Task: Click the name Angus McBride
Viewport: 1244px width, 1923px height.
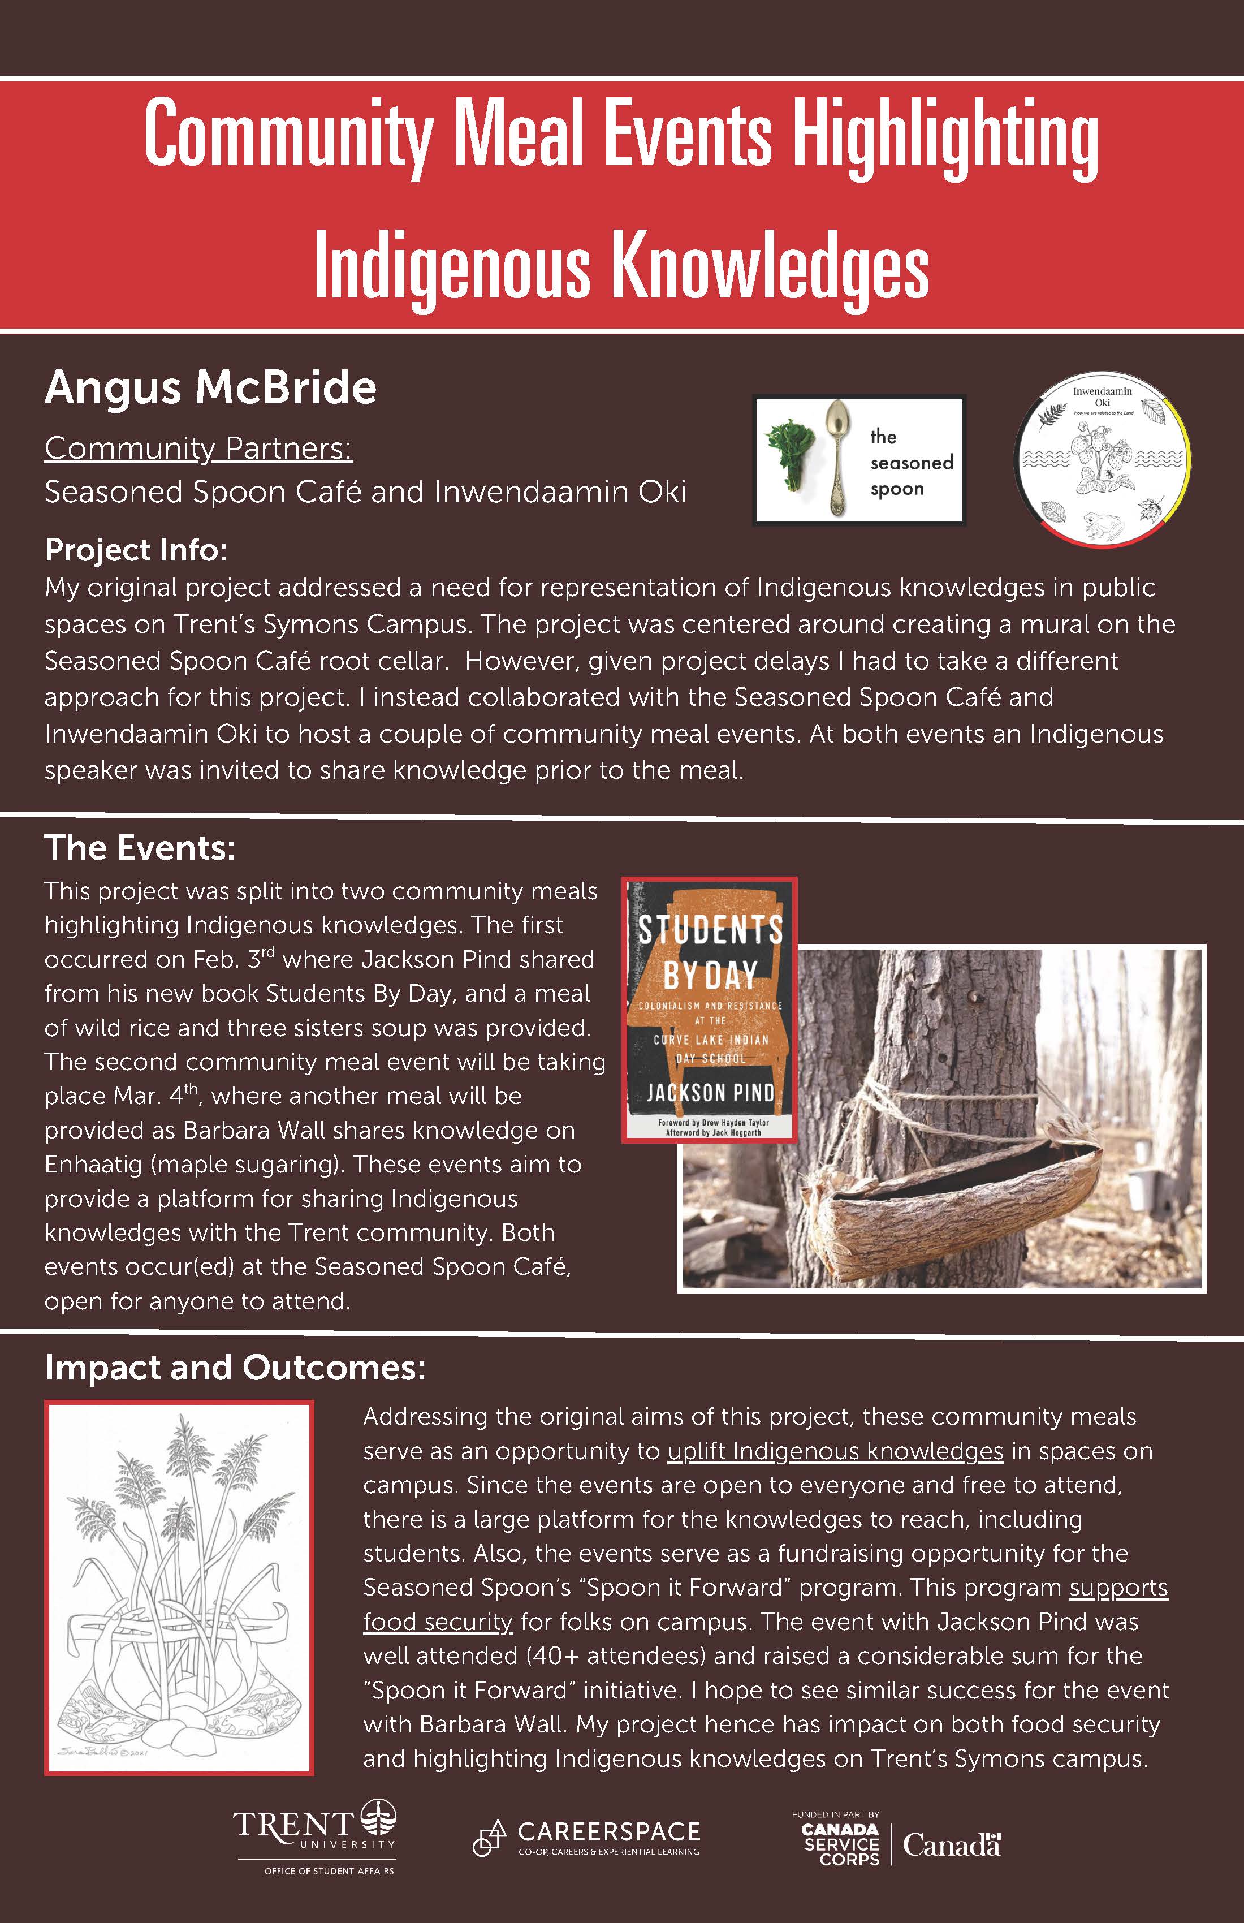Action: (210, 388)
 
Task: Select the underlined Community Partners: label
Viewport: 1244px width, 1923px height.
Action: (198, 449)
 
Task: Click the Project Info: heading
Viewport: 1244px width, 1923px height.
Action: (136, 550)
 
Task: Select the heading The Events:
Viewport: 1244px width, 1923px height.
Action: (140, 848)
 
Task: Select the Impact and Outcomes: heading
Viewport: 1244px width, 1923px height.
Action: (234, 1368)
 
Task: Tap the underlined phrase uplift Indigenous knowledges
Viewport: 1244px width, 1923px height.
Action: (835, 1452)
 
